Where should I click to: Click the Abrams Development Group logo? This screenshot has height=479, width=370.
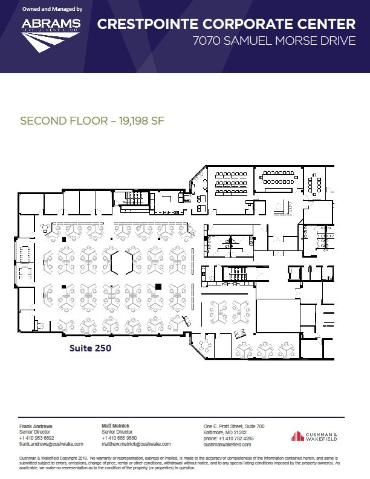pos(51,33)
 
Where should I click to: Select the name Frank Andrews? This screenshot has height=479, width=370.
pos(36,427)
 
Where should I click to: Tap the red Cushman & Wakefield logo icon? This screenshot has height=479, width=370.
pos(297,436)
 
